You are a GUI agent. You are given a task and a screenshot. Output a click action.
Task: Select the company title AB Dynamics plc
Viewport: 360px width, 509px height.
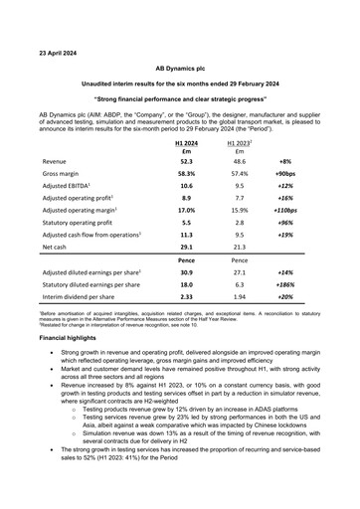[179, 70]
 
